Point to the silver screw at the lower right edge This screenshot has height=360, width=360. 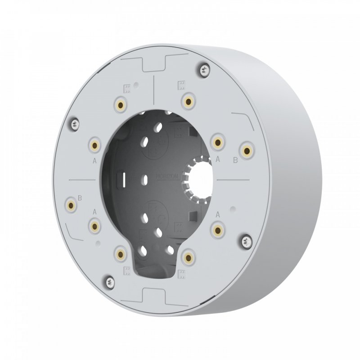pos(246,241)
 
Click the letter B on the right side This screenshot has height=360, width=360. pos(234,160)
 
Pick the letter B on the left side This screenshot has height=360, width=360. pos(80,197)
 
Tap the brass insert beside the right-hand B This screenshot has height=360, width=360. pos(246,150)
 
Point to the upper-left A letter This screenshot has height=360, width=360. pos(94,159)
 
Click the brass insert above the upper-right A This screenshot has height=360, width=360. pos(218,143)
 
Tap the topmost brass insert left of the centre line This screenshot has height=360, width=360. pos(121,105)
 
